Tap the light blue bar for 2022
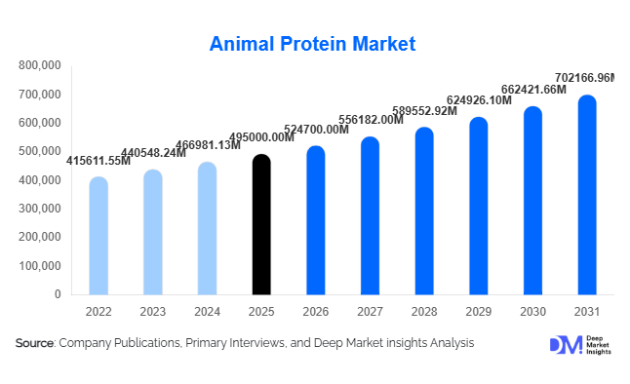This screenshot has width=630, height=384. pos(98,235)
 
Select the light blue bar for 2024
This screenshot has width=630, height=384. pos(207,228)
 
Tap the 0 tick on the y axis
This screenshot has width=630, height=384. pos(59,294)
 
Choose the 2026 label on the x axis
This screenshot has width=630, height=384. pos(316,312)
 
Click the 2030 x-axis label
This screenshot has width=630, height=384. pos(532,312)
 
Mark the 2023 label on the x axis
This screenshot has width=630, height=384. pos(153,312)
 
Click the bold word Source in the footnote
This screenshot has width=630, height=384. pos(35,343)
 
